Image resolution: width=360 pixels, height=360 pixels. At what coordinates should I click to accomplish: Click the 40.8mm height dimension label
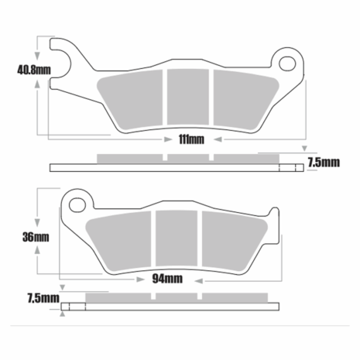pyautogui.click(x=34, y=70)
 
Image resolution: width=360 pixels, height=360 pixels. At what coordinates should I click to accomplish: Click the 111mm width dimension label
pyautogui.click(x=191, y=139)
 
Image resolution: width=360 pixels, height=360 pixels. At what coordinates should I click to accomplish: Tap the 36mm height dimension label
pyautogui.click(x=36, y=237)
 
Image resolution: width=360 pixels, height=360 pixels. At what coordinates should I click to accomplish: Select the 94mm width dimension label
pyautogui.click(x=167, y=279)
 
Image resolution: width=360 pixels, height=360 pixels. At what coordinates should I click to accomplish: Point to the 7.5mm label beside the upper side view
pyautogui.click(x=324, y=163)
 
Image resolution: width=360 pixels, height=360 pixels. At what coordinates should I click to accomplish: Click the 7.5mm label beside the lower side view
pyautogui.click(x=43, y=298)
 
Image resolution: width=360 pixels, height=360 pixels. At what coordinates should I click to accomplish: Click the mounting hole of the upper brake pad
pyautogui.click(x=287, y=63)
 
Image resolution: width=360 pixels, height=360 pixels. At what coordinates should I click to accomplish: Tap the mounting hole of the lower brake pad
pyautogui.click(x=77, y=205)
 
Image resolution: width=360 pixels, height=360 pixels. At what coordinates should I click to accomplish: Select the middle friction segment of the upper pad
pyautogui.click(x=188, y=97)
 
